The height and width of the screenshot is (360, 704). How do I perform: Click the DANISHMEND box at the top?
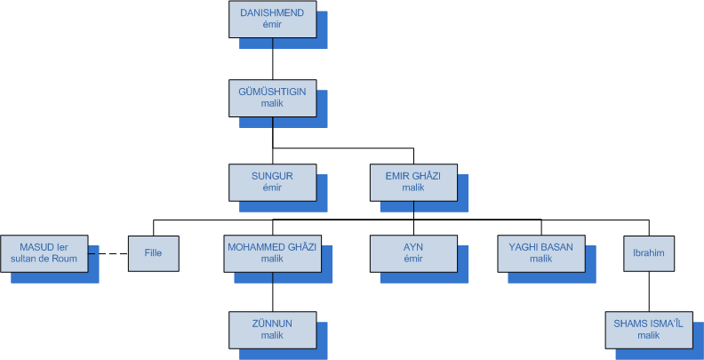point(272,20)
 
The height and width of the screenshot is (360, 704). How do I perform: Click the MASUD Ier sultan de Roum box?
point(44,253)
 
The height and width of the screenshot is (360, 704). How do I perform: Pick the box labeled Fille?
point(154,253)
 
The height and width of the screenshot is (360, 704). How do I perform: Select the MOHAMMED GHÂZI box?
point(272,253)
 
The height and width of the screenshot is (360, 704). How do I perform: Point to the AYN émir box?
point(414,253)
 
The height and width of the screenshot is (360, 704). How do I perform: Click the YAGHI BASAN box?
point(541,253)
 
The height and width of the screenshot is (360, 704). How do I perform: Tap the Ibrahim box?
point(649,253)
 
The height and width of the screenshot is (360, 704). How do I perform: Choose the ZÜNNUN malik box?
point(272,329)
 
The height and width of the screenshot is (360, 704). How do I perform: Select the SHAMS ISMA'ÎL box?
point(649,329)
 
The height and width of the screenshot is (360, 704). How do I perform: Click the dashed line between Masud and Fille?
point(108,253)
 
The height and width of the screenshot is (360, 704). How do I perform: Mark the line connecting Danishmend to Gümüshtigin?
point(272,59)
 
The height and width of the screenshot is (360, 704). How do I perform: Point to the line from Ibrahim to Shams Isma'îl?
point(649,292)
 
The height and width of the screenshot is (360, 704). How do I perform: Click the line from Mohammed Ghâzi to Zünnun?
point(272,292)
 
